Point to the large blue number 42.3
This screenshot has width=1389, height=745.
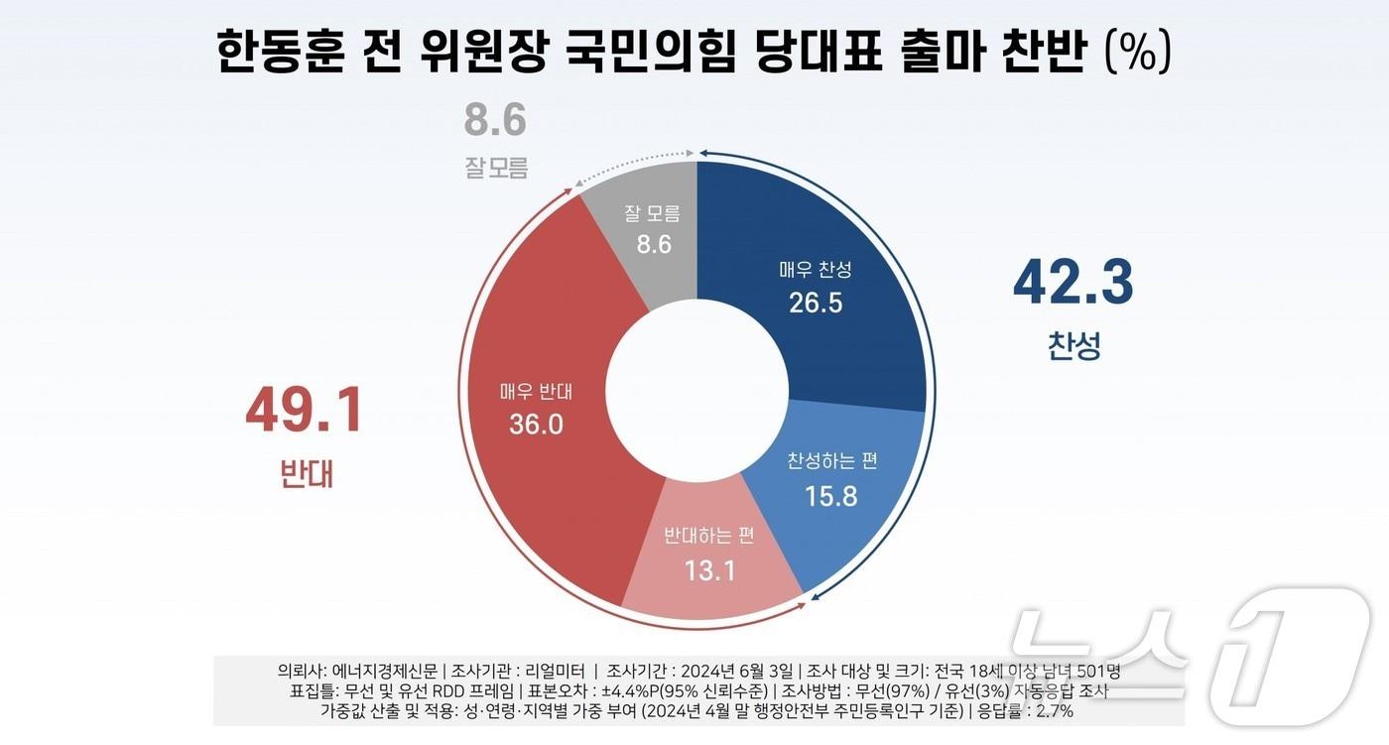pyautogui.click(x=1073, y=283)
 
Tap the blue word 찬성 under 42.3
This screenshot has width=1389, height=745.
pyautogui.click(x=1073, y=346)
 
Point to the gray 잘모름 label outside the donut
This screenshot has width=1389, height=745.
pyautogui.click(x=496, y=168)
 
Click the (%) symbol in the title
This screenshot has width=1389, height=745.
pyautogui.click(x=1138, y=53)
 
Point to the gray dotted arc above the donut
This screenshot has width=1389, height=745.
pyautogui.click(x=635, y=163)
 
